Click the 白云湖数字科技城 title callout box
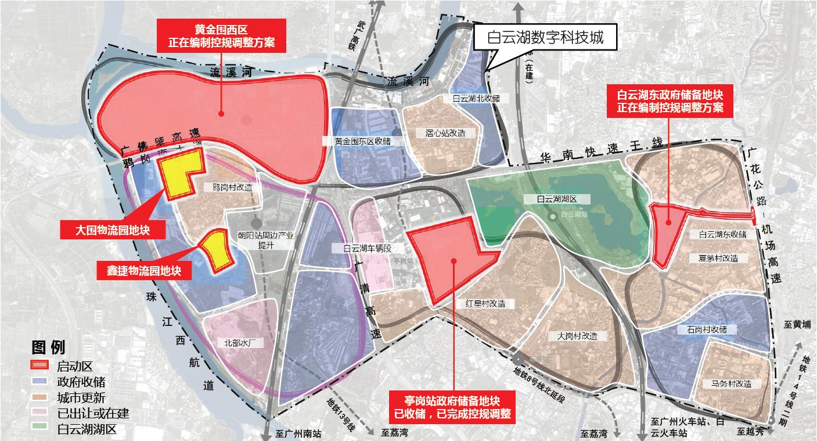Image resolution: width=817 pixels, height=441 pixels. point(546,38)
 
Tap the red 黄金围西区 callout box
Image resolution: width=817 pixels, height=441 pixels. point(222,36)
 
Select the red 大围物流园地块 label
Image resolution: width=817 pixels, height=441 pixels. point(113,230)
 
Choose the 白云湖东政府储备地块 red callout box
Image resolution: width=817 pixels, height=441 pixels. point(670,101)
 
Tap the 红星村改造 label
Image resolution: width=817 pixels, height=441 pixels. point(485,303)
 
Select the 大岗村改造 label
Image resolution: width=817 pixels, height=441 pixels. point(577,336)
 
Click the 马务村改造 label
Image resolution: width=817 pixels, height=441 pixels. point(731,383)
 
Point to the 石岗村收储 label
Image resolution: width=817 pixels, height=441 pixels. point(702,329)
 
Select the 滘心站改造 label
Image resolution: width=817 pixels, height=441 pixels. point(441,133)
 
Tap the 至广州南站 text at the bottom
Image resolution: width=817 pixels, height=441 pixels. point(298,433)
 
